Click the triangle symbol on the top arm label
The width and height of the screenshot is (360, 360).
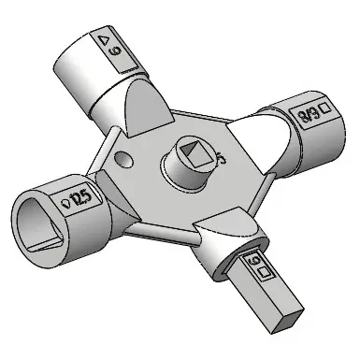click(x=104, y=40)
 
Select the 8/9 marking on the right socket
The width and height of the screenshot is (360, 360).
click(x=306, y=114)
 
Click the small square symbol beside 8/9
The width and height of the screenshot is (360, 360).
click(x=324, y=108)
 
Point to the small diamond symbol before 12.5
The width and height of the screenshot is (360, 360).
click(x=63, y=202)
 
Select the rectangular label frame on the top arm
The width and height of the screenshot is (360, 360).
click(x=116, y=52)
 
